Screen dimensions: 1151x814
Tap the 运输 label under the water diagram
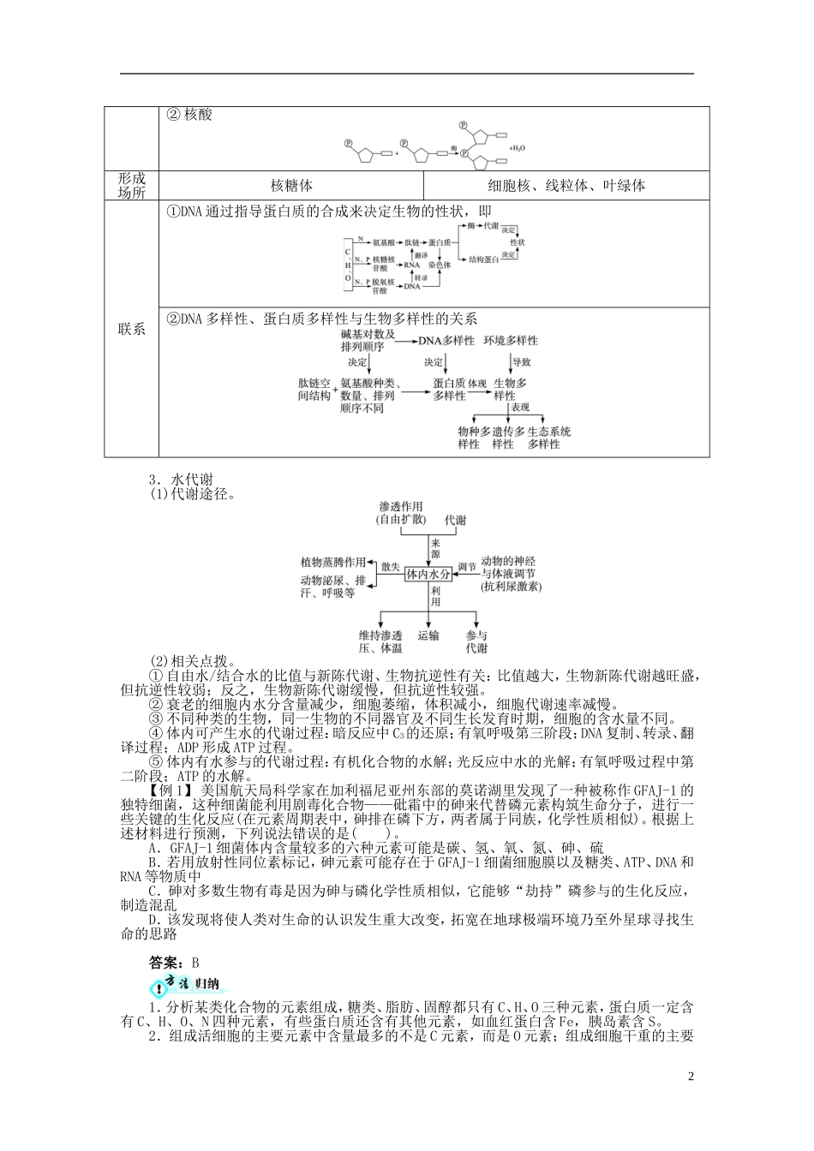click(x=428, y=636)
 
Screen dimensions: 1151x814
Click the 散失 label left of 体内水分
click(x=391, y=567)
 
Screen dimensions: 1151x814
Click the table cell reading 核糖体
click(x=291, y=185)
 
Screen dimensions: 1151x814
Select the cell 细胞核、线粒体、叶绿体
click(x=566, y=185)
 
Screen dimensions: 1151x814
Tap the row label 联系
click(x=131, y=329)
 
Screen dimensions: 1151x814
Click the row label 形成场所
click(x=131, y=185)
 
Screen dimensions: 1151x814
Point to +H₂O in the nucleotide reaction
click(x=517, y=148)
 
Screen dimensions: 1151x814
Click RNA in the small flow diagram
click(x=412, y=265)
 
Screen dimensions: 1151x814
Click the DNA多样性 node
click(x=446, y=340)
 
